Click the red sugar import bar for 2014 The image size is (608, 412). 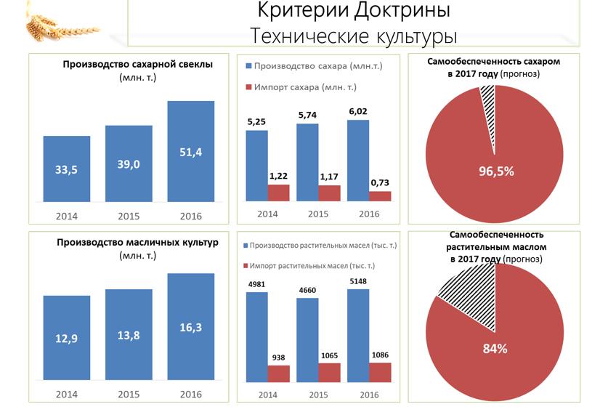(279, 193)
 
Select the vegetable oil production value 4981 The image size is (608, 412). (256, 284)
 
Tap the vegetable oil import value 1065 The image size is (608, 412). (330, 355)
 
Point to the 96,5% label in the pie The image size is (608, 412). (495, 171)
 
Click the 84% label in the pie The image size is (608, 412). (495, 348)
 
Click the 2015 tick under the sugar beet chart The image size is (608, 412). (129, 216)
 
